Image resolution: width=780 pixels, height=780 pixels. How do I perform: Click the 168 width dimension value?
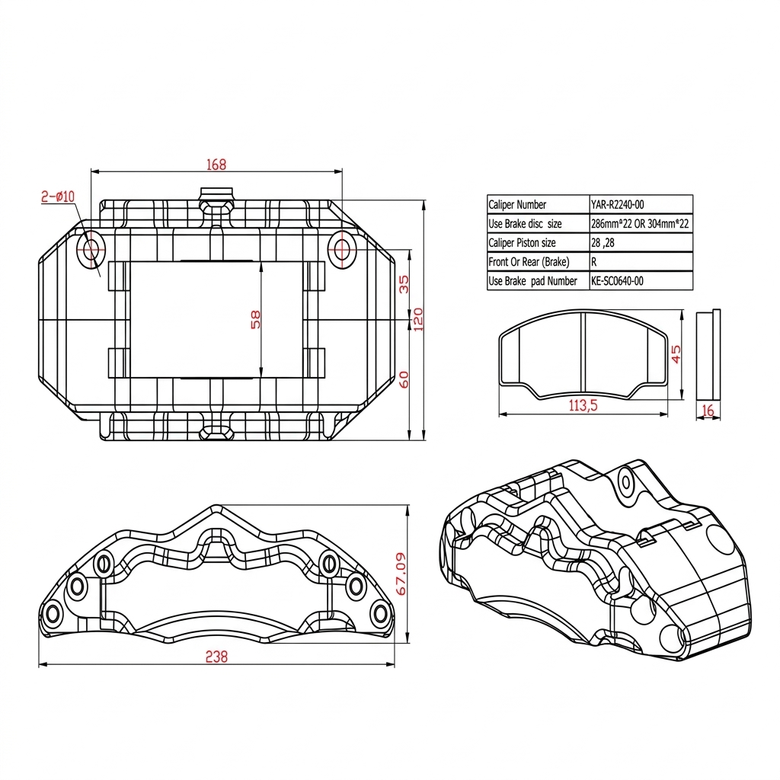[216, 164]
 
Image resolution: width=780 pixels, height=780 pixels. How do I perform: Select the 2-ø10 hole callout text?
[58, 197]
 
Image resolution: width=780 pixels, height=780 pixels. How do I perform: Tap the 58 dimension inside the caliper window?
[256, 318]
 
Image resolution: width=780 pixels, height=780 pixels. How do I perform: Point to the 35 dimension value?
[404, 283]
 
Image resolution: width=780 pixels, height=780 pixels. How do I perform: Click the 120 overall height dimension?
[417, 318]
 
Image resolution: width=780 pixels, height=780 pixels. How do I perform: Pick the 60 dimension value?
[404, 379]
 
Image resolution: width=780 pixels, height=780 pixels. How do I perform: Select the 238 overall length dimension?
[216, 657]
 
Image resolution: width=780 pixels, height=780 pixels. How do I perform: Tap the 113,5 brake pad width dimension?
[583, 406]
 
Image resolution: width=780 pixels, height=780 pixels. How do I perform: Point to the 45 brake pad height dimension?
[676, 354]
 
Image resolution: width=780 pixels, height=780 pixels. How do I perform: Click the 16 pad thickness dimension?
[708, 411]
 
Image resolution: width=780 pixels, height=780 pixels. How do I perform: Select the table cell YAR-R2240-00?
[617, 204]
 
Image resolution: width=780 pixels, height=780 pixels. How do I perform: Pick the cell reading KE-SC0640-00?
[617, 281]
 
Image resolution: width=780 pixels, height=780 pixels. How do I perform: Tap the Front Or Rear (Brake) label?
[529, 262]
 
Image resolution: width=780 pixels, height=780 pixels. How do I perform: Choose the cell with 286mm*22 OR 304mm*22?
[640, 224]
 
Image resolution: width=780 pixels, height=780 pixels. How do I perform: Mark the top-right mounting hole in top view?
[341, 248]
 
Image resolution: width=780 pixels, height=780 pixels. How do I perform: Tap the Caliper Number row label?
[517, 204]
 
